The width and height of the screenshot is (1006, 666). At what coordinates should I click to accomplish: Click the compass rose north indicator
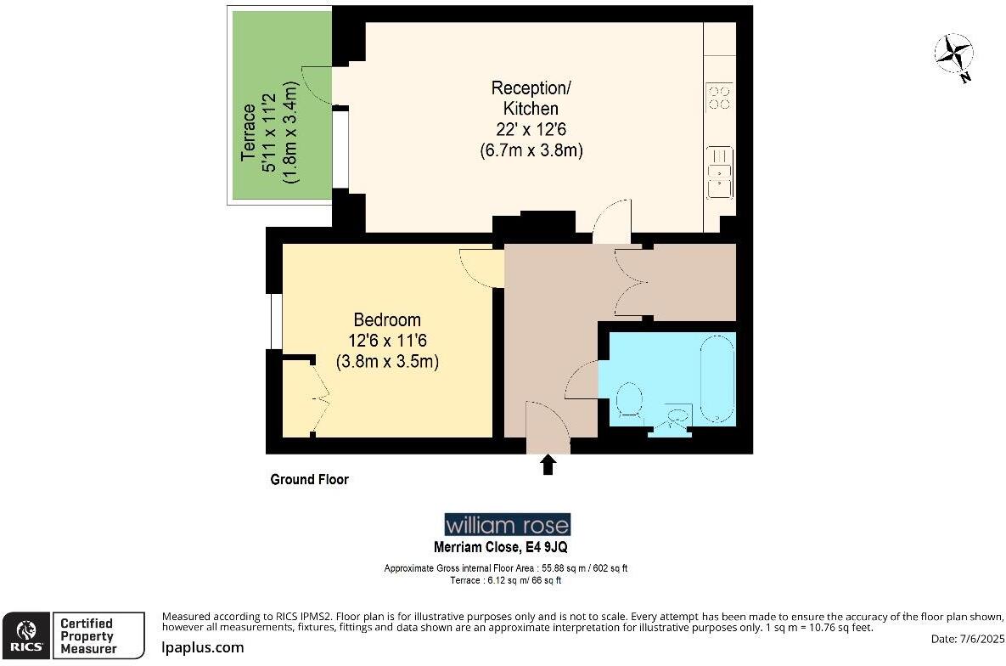pos(954,56)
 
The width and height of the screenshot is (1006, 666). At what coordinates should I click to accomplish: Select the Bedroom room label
pos(387,340)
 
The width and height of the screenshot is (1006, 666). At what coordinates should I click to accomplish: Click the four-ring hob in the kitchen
pos(720,97)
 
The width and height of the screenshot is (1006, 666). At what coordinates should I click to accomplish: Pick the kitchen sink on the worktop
pos(720,172)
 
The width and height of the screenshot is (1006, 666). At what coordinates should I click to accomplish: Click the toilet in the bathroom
pos(629,400)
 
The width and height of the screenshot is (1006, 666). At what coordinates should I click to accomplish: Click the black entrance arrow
pos(548,464)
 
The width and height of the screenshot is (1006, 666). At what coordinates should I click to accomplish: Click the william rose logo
pos(508,524)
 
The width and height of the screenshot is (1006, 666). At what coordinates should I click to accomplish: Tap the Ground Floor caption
pos(309,480)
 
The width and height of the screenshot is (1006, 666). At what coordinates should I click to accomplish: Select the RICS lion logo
pos(26,635)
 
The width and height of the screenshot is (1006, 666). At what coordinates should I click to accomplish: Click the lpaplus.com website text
pos(203,647)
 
